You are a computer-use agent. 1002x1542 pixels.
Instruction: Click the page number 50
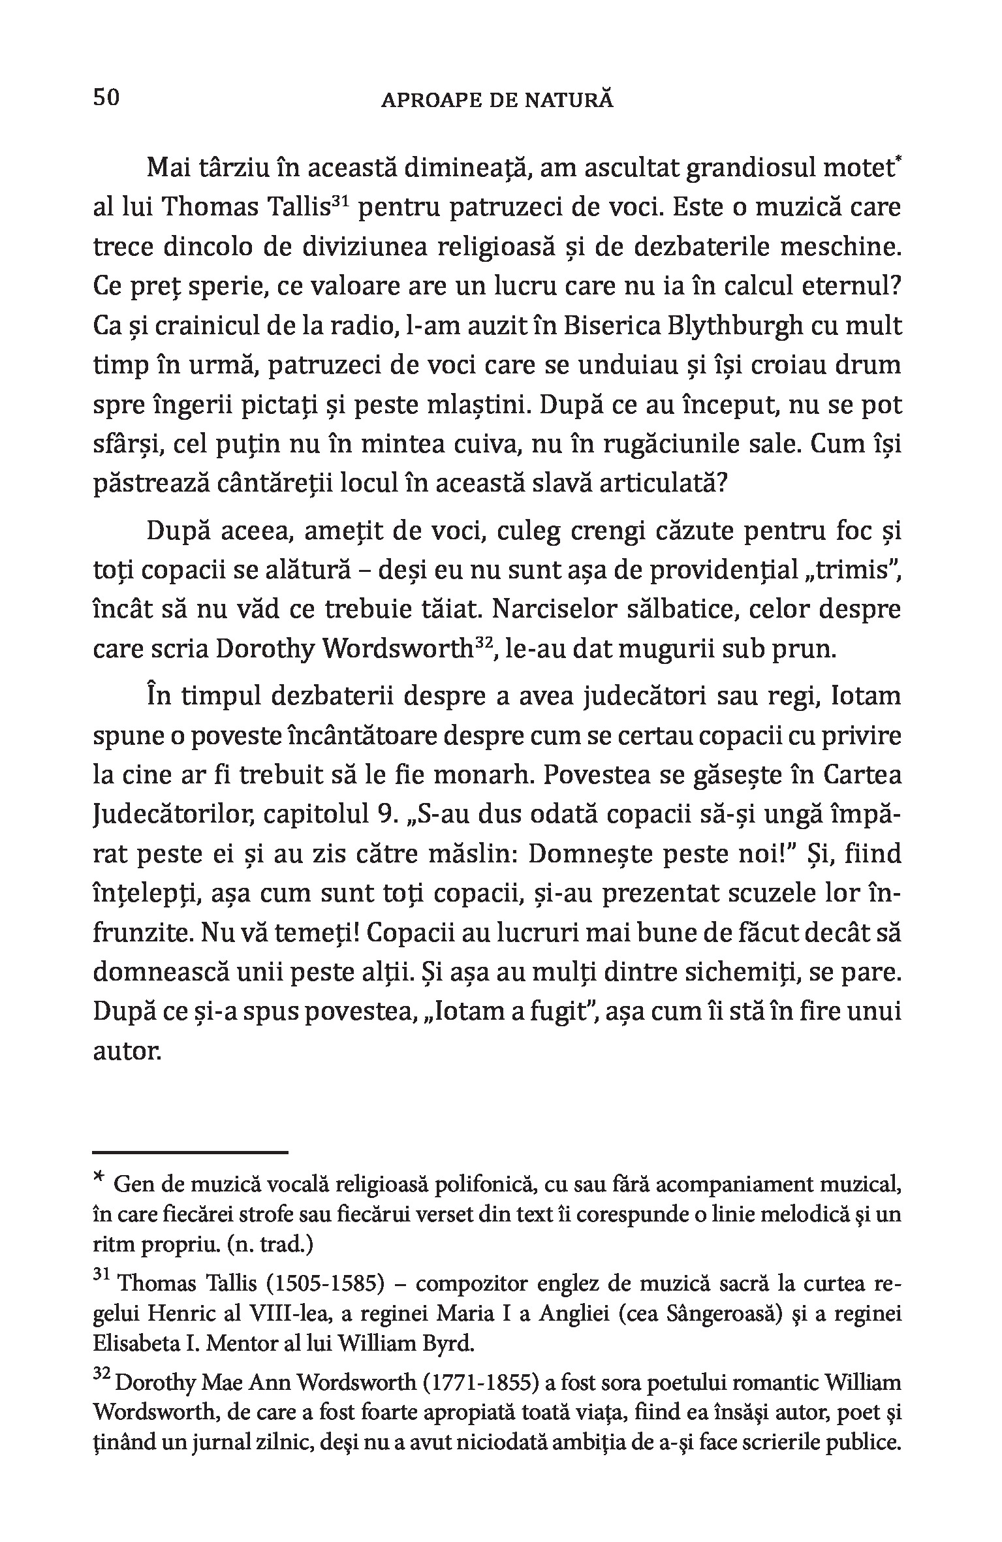pos(106,99)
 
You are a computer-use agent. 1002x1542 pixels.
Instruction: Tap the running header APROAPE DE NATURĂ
pos(497,101)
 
